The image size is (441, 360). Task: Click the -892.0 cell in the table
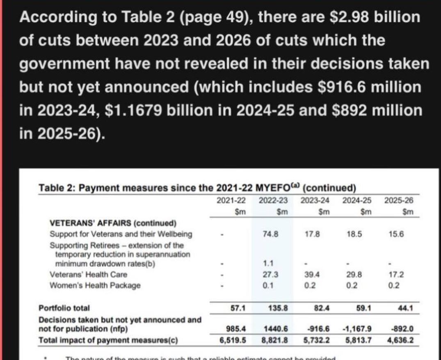[x=400, y=328]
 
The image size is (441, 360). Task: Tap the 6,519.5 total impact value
[x=233, y=340]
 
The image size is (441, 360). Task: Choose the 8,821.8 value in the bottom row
[x=274, y=340]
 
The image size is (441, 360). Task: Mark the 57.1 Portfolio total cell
[x=237, y=307]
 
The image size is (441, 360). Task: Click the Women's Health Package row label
[x=95, y=285]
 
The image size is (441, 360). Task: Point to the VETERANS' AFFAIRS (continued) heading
[x=113, y=223]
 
